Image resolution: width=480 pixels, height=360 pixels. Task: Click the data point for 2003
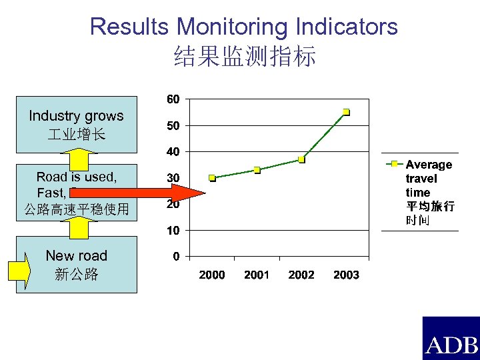coord(346,112)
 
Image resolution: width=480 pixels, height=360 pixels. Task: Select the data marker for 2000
coord(212,178)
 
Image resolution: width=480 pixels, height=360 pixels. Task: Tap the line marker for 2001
coord(257,170)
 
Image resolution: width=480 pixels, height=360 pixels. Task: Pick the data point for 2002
coord(301,159)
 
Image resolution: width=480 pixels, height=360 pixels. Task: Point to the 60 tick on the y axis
coord(172,99)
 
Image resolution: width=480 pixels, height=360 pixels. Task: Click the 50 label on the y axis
coord(172,125)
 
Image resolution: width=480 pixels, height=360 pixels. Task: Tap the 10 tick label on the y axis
coord(172,230)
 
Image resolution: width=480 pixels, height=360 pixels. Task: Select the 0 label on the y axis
coord(175,256)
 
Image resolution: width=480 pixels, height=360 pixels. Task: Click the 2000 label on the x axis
coord(212,275)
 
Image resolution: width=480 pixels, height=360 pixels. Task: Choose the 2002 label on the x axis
coord(301,275)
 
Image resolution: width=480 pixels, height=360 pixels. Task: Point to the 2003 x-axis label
coord(346,275)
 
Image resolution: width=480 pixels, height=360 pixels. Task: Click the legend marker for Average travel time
coord(394,164)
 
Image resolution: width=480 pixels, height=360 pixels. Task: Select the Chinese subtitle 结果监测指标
coord(244,56)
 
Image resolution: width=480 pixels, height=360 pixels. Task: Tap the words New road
coord(77,256)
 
